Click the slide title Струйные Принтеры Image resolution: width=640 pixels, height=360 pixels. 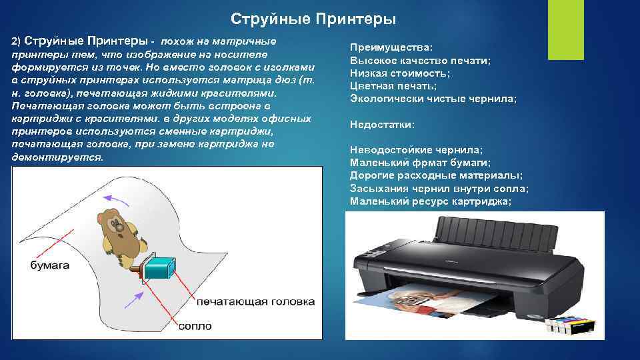[313, 18]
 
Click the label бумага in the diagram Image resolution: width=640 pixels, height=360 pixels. [50, 265]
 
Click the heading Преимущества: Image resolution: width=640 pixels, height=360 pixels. [391, 48]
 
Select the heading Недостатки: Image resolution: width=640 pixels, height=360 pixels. [382, 125]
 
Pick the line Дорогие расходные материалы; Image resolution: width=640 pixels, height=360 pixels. [436, 175]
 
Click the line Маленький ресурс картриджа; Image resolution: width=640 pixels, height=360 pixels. [431, 201]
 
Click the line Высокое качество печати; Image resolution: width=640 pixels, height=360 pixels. [420, 61]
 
